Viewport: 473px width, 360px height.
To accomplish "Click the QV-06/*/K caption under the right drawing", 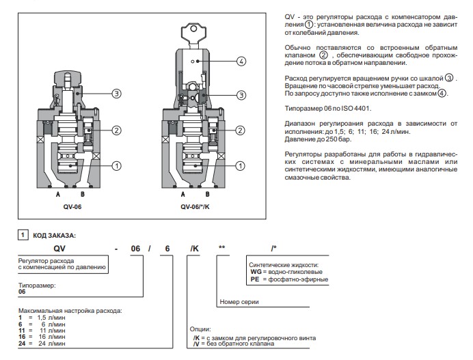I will [x=193, y=204].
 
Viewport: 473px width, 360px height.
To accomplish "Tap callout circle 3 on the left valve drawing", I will [x=117, y=94].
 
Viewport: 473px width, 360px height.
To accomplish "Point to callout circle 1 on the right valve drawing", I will [x=240, y=165].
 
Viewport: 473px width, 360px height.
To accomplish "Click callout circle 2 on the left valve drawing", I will [x=117, y=130].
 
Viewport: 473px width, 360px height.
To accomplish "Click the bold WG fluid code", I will [x=256, y=271].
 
